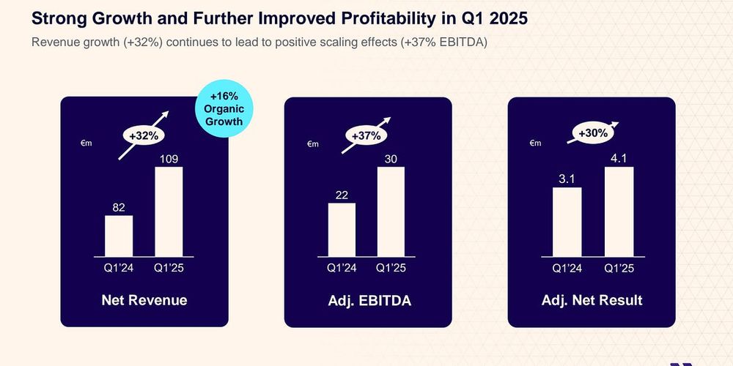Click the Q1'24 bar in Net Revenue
(119, 236)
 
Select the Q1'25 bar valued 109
(169, 212)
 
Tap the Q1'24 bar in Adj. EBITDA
(342, 229)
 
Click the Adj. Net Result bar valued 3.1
(566, 222)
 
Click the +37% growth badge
(366, 135)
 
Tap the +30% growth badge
(593, 133)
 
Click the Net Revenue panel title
(144, 300)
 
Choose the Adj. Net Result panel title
(592, 300)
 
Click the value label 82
(119, 208)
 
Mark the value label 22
(342, 195)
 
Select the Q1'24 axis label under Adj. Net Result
(566, 269)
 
